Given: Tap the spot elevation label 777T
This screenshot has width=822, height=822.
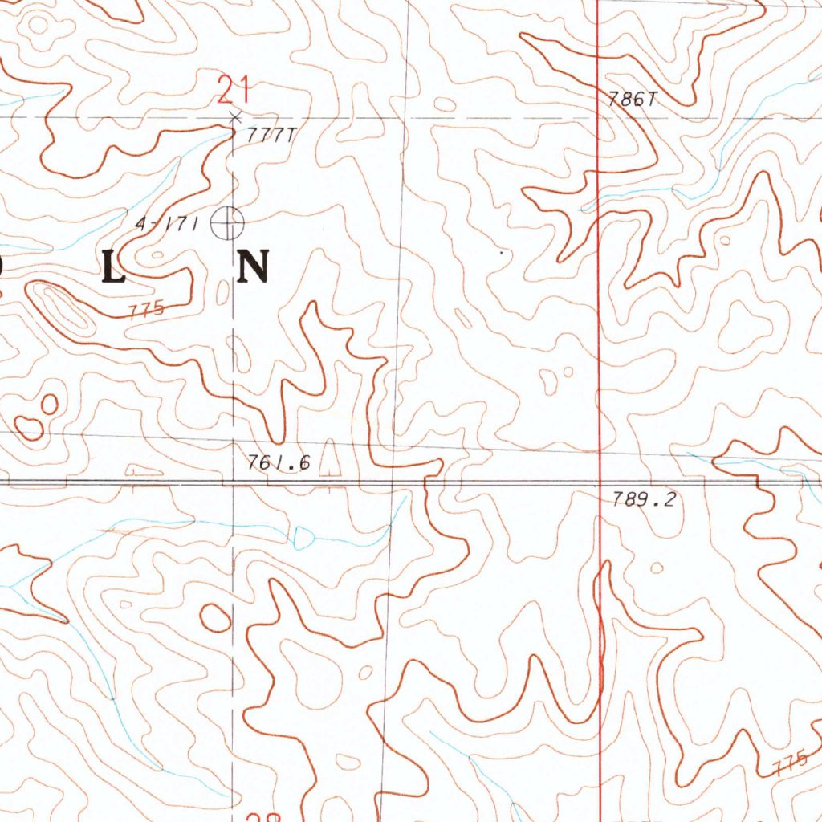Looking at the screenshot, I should tap(270, 136).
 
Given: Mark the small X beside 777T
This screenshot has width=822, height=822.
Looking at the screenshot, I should tap(234, 118).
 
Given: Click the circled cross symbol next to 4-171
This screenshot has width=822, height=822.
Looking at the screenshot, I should tap(227, 222).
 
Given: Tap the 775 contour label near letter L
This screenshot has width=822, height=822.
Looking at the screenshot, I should tap(145, 308).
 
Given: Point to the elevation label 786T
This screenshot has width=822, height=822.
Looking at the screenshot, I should tap(633, 100).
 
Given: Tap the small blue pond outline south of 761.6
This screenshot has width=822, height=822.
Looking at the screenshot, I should tap(304, 537).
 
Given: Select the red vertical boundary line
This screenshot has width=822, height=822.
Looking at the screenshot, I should tap(600, 321).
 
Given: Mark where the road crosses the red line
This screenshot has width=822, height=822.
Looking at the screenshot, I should tap(600, 484).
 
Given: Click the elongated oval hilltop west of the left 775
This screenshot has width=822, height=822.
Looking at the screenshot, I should tap(64, 309).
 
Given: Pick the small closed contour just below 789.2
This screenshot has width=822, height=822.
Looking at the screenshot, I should tap(656, 568).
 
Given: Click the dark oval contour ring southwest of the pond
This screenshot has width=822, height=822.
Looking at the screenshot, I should tap(215, 617).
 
